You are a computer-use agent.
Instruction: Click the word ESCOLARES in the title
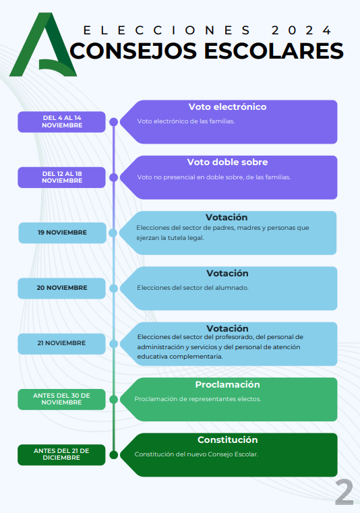tap(274, 51)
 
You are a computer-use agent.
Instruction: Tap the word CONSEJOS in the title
tap(133, 51)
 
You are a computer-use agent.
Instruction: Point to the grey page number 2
tap(344, 492)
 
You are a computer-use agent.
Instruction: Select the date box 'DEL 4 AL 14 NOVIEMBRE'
tap(61, 122)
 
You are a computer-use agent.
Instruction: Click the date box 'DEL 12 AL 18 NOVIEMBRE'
tap(61, 177)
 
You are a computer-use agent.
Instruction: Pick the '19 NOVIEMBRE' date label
tap(62, 233)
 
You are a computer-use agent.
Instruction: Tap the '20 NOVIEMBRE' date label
tap(61, 289)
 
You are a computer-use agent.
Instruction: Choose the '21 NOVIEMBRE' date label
tap(61, 344)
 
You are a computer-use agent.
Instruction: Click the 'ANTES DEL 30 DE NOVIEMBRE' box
tap(61, 399)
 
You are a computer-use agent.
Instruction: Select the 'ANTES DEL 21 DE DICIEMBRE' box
tap(61, 454)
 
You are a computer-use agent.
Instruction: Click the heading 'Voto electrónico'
tap(227, 107)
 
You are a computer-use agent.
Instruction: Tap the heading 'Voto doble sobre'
tap(227, 162)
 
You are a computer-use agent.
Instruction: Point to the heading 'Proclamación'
tap(227, 384)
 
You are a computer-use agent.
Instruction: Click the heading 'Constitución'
tap(227, 440)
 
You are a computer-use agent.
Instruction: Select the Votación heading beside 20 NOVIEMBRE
tap(227, 273)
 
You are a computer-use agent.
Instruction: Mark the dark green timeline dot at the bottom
tap(113, 455)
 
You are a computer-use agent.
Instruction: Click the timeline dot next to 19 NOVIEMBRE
tap(113, 233)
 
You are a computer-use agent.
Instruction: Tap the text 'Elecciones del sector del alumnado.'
tap(193, 288)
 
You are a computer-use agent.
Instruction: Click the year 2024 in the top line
tap(302, 30)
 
